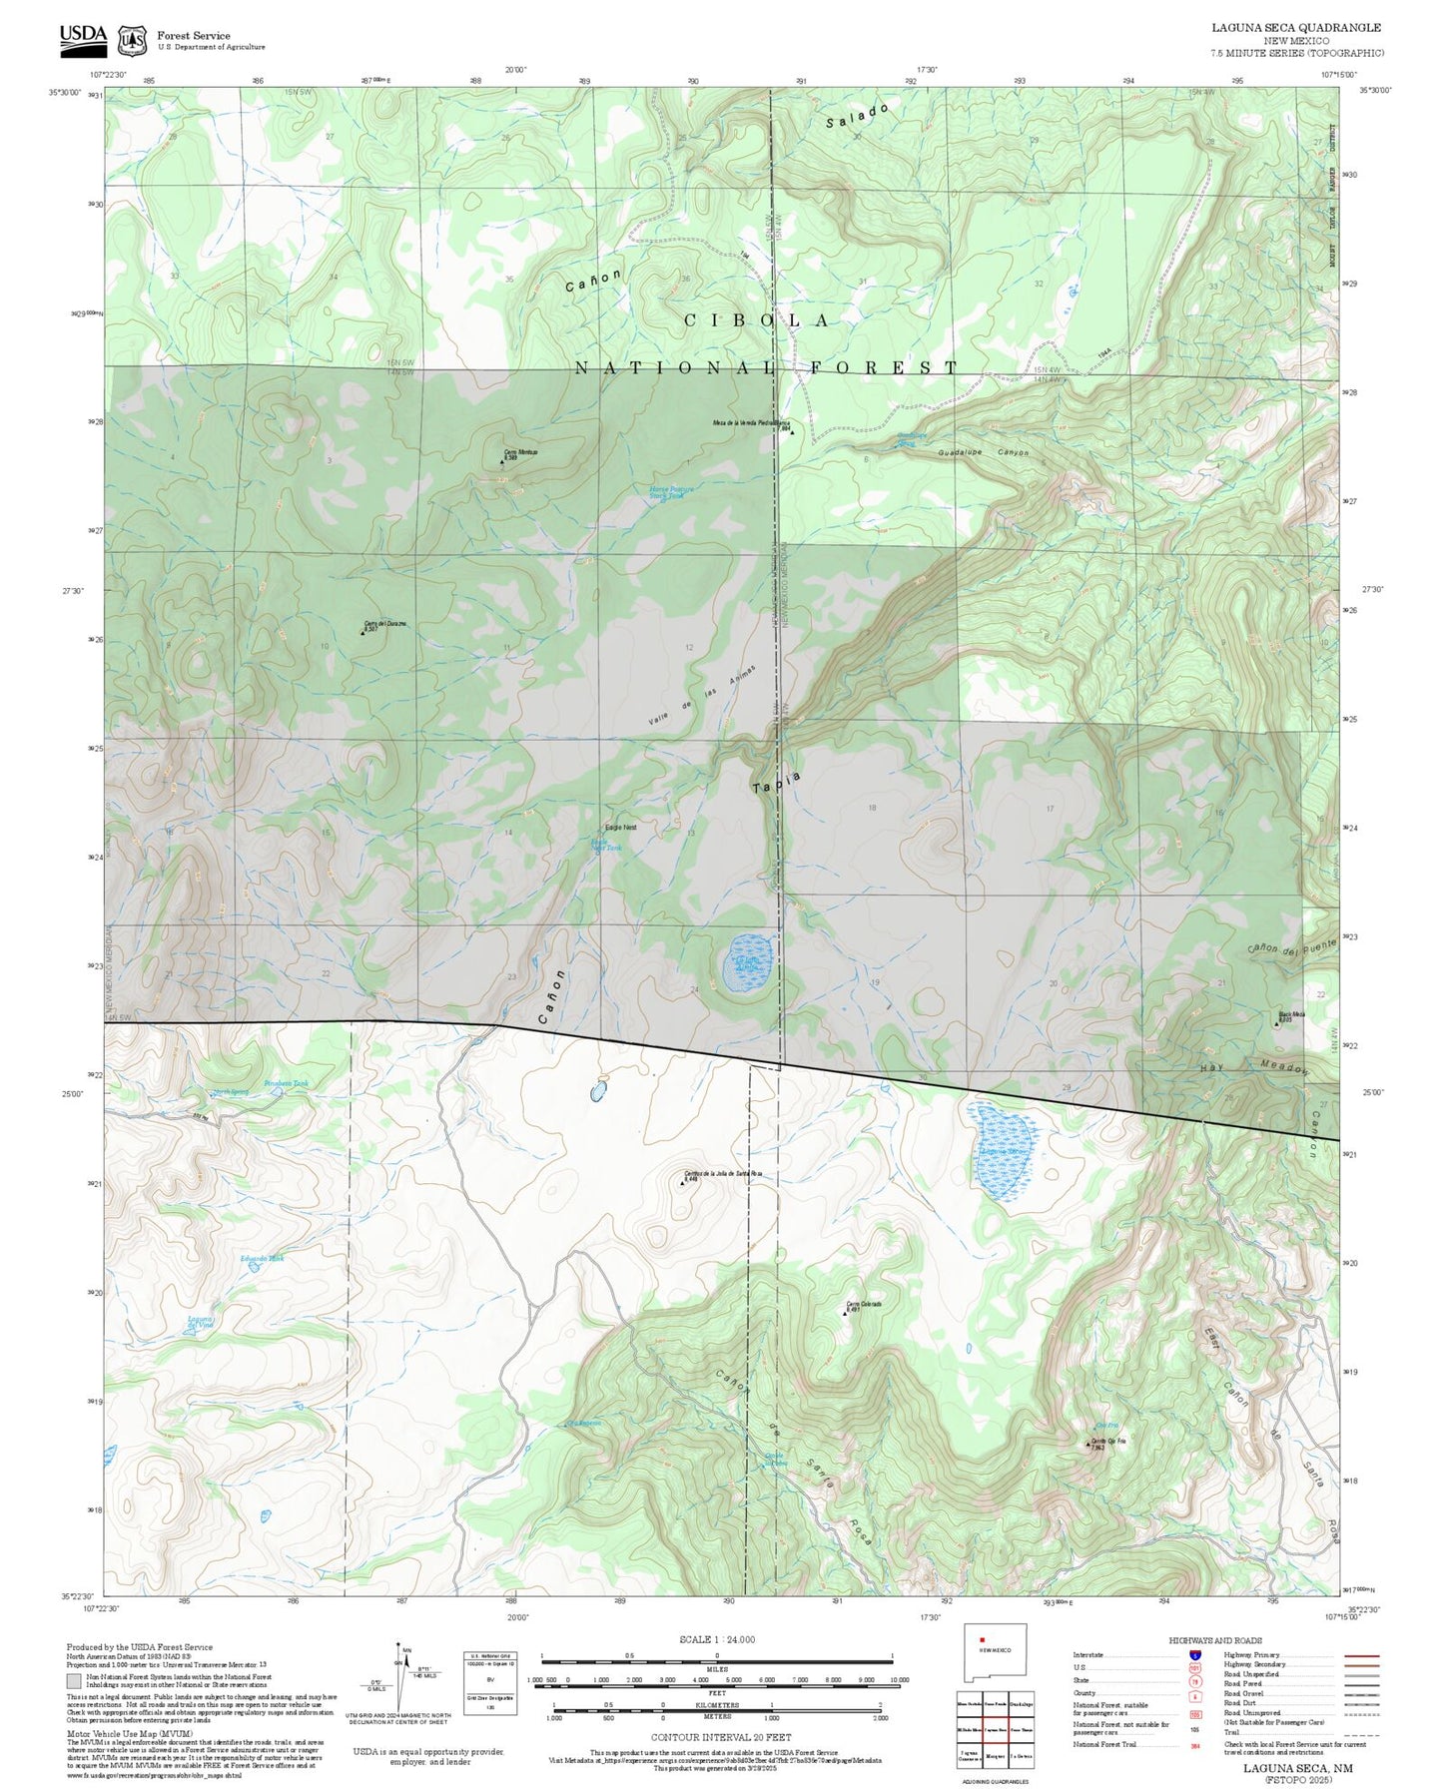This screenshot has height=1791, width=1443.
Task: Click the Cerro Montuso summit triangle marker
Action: (502, 462)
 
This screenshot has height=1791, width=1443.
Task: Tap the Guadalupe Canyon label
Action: (983, 453)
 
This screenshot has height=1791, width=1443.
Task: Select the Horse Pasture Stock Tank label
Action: (671, 491)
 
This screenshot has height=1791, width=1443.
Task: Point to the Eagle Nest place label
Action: (620, 827)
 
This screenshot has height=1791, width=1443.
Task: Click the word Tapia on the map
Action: (776, 782)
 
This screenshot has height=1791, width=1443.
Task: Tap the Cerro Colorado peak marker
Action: (844, 1312)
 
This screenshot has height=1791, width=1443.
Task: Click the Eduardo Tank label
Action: (262, 1259)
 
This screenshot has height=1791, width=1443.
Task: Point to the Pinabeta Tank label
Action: (286, 1084)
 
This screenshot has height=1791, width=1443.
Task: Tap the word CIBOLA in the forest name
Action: (757, 320)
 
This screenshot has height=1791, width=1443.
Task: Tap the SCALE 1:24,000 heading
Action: (716, 1639)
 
